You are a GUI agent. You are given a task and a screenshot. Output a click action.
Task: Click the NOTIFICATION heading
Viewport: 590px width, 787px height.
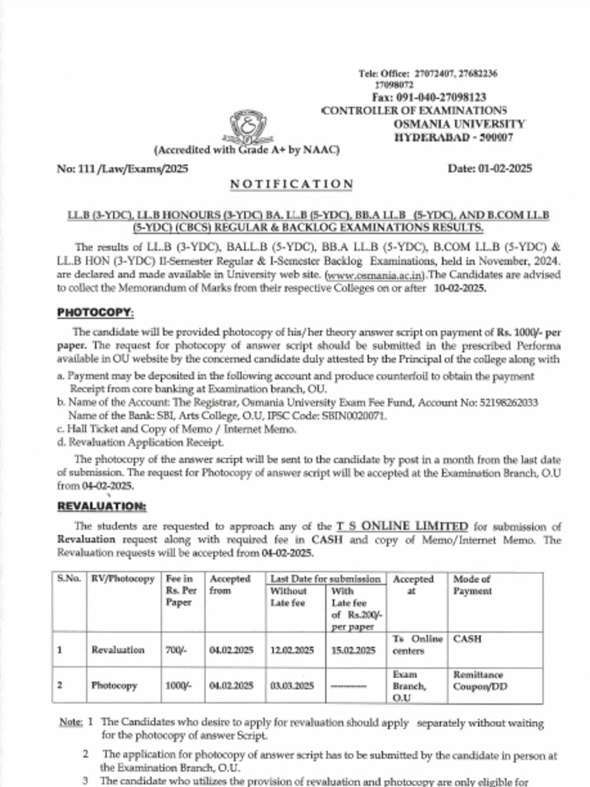coord(292,184)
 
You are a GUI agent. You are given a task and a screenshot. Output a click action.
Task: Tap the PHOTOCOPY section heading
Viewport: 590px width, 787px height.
coord(106,313)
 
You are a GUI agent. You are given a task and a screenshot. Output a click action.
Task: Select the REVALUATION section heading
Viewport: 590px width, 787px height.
coord(112,506)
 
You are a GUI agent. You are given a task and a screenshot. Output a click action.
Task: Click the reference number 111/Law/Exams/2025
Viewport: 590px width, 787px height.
coord(122,168)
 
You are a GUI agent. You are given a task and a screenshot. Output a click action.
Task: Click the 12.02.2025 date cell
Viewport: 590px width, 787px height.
coord(291,649)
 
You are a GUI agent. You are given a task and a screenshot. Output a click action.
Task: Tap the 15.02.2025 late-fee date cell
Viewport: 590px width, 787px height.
coord(353,649)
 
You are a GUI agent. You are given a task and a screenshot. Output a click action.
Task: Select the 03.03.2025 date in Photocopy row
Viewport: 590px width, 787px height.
coord(291,685)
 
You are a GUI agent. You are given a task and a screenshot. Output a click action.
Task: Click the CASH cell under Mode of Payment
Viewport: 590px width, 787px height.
coord(468,639)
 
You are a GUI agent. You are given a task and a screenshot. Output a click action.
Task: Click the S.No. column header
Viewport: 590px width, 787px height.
coord(69,579)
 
